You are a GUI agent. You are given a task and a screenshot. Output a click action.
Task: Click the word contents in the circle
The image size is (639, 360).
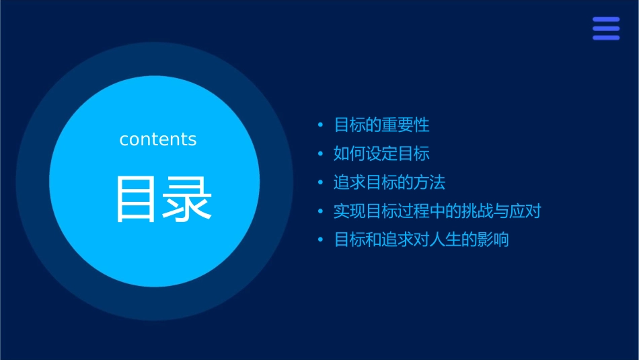[x=158, y=139]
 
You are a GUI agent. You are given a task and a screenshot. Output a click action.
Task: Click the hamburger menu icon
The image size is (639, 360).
[x=606, y=28]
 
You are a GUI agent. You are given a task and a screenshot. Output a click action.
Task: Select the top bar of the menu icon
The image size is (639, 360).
[x=606, y=20]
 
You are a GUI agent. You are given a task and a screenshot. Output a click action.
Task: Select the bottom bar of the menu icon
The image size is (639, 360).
[x=606, y=38]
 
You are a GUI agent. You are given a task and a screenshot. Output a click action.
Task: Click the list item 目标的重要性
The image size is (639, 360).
[x=381, y=125]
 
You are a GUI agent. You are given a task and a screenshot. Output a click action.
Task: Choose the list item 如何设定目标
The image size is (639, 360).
[x=381, y=154]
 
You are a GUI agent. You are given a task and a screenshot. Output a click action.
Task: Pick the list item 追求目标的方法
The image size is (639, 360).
[x=389, y=182]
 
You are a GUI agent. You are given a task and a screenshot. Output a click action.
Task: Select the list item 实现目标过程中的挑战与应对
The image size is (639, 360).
[x=437, y=211]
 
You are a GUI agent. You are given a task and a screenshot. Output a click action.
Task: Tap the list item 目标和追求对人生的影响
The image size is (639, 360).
[x=421, y=240]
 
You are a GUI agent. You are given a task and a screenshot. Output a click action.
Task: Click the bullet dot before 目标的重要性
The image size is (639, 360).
[x=321, y=125]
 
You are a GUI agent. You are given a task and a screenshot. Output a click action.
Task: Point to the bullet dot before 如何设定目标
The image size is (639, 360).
[x=321, y=154]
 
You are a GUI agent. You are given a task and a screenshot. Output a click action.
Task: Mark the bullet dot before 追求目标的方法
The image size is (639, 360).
[x=321, y=183]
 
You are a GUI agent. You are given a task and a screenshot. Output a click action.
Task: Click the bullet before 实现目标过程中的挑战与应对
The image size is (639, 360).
[x=321, y=211]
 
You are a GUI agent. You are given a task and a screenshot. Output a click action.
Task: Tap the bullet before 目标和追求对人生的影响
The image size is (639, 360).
[x=321, y=240]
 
